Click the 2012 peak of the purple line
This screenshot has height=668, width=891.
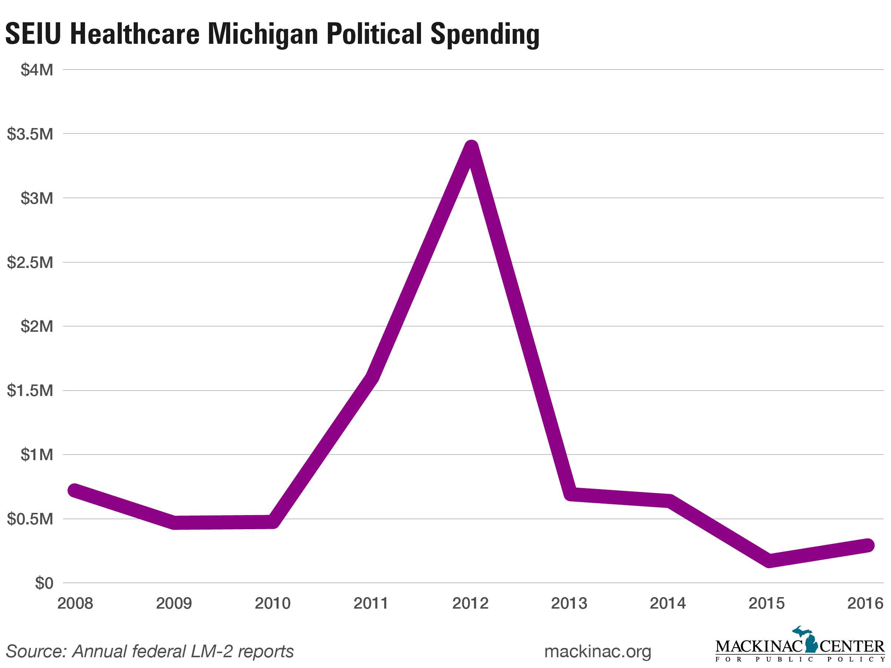(x=471, y=148)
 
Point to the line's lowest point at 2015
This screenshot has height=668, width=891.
(x=768, y=560)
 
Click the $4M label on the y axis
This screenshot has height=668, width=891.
(x=37, y=70)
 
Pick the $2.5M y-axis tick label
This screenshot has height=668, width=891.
(x=30, y=262)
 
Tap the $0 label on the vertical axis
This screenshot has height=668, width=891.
(x=44, y=583)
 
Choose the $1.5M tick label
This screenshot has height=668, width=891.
(x=30, y=390)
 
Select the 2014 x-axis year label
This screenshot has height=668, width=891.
(x=668, y=603)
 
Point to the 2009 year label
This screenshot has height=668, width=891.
(x=174, y=603)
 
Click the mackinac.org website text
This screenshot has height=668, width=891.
(x=597, y=651)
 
